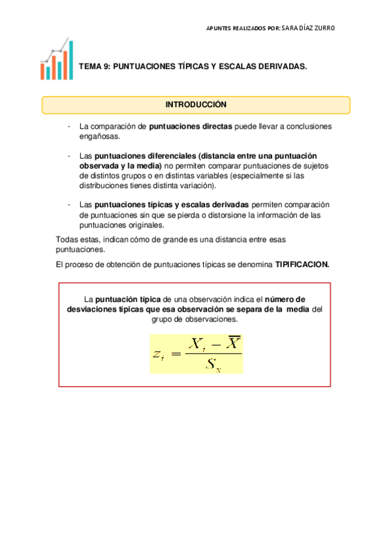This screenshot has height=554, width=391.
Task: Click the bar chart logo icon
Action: tap(56, 61)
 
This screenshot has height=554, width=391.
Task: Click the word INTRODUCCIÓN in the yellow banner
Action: tap(195, 105)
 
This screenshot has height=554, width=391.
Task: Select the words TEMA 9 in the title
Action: tap(93, 67)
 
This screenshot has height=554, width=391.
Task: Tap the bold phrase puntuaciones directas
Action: tap(191, 127)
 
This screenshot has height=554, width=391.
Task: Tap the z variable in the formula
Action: tap(157, 355)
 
